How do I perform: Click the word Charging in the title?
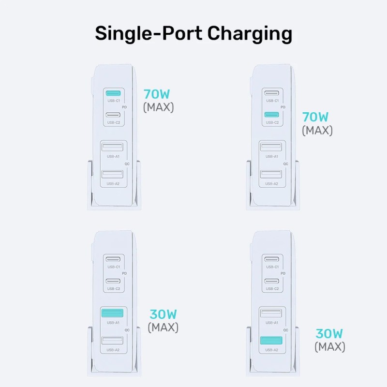tap(250, 34)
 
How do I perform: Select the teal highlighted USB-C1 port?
tap(114, 93)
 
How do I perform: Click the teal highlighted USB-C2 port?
tap(271, 115)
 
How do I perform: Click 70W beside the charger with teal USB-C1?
tap(157, 94)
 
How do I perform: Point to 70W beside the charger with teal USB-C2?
tap(315, 117)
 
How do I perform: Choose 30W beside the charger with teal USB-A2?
tap(329, 334)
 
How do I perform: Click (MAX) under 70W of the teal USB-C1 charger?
tap(158, 107)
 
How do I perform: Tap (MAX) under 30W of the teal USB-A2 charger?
tap(330, 346)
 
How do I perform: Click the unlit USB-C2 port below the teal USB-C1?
tap(114, 115)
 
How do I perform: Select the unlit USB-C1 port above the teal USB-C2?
tap(271, 93)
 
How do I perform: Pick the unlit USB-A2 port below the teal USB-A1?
tap(114, 341)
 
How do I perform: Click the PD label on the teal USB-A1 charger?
tap(125, 273)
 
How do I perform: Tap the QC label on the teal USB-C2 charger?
tap(285, 164)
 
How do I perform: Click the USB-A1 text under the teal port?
tap(114, 323)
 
